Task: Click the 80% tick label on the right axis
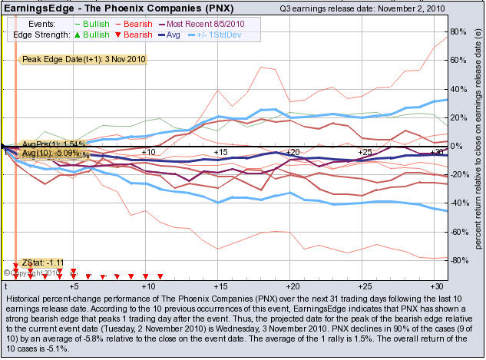459,31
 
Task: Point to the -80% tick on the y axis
458,260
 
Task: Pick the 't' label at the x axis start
5,286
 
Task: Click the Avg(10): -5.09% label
55,154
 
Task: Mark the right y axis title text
478,146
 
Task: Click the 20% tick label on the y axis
459,117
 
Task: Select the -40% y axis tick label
458,203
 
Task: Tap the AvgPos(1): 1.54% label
53,144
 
